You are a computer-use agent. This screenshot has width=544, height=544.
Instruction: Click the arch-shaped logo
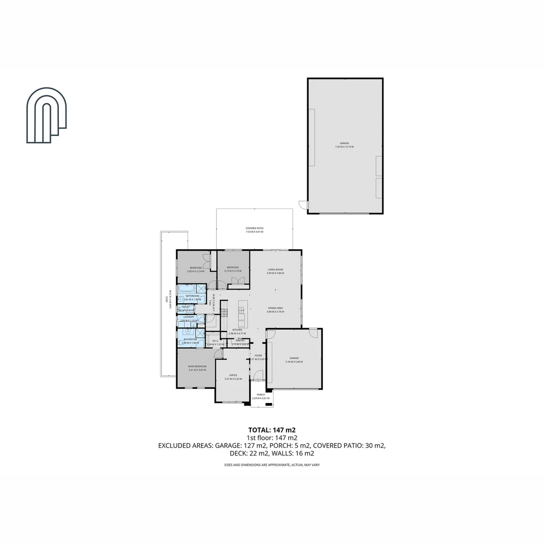click(x=46, y=115)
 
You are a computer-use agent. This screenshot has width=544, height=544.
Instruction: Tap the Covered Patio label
click(x=254, y=228)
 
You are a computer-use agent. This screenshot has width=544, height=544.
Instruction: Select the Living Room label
click(x=275, y=270)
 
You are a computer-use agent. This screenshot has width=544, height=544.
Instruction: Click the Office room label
click(x=233, y=375)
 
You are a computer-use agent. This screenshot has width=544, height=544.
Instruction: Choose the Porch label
click(x=260, y=394)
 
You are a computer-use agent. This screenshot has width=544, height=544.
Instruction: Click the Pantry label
click(x=240, y=341)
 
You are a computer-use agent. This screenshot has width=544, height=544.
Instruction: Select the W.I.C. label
click(x=215, y=341)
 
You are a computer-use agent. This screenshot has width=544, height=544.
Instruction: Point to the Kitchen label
click(x=237, y=330)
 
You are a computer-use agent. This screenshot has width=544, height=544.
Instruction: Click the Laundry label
click(x=188, y=317)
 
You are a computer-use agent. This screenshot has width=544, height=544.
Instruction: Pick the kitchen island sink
click(x=241, y=309)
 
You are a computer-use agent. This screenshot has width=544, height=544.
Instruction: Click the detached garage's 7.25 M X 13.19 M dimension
click(x=345, y=147)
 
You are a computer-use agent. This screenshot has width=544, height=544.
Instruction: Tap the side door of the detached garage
click(x=303, y=205)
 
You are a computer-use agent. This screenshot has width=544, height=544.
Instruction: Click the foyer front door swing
click(x=258, y=375)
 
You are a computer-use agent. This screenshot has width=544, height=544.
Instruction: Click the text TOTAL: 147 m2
click(x=271, y=430)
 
